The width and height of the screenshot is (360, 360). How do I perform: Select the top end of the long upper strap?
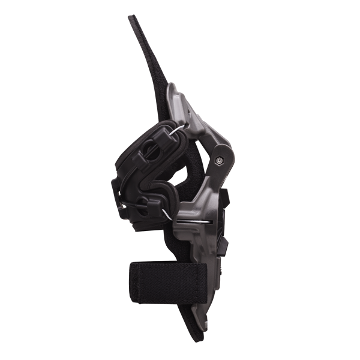click(x=133, y=18)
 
